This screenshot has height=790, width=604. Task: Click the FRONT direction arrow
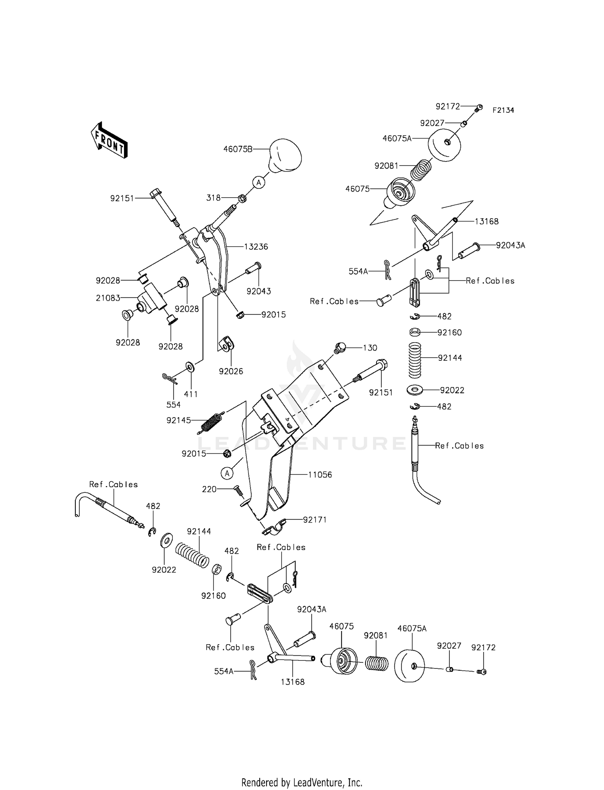(109, 140)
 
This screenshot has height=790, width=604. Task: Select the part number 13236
(256, 247)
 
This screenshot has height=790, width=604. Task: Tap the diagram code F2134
(503, 110)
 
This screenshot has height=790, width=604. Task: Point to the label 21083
(108, 298)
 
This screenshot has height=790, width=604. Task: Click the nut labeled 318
(242, 198)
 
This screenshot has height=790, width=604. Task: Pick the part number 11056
(320, 475)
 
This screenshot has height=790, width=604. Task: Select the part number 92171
(315, 520)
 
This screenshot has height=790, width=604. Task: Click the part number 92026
(231, 371)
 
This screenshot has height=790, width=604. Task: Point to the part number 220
(209, 489)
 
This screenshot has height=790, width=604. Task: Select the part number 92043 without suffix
(259, 291)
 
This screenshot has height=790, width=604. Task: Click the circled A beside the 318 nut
(259, 182)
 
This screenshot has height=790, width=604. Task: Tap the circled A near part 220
(227, 473)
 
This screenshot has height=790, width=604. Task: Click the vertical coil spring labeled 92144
(415, 360)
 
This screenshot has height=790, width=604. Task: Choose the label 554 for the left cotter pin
(174, 405)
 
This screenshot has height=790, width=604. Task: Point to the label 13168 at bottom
(293, 682)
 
